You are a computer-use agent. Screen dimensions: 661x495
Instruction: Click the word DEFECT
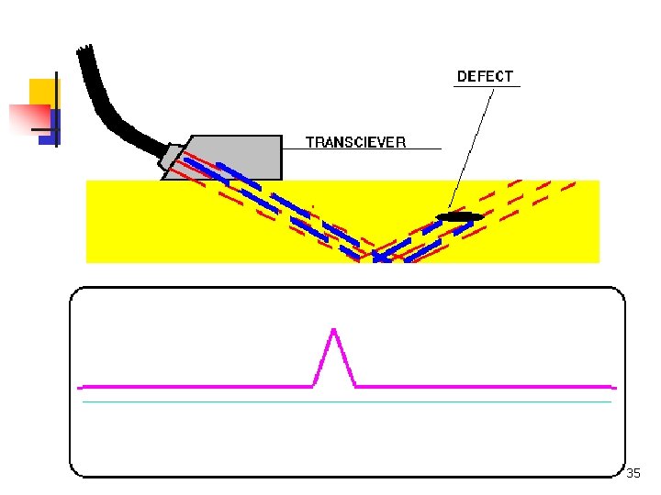(x=485, y=76)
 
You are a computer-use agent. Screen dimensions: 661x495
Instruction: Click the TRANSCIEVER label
(x=355, y=142)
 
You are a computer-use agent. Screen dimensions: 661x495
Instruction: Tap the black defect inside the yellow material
(x=459, y=216)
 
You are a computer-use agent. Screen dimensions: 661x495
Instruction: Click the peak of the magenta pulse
(x=334, y=330)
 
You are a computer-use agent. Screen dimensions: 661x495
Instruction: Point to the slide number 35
(x=633, y=474)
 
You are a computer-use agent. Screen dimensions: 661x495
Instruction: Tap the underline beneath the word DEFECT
(x=487, y=86)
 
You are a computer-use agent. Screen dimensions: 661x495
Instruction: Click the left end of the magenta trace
(x=84, y=386)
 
